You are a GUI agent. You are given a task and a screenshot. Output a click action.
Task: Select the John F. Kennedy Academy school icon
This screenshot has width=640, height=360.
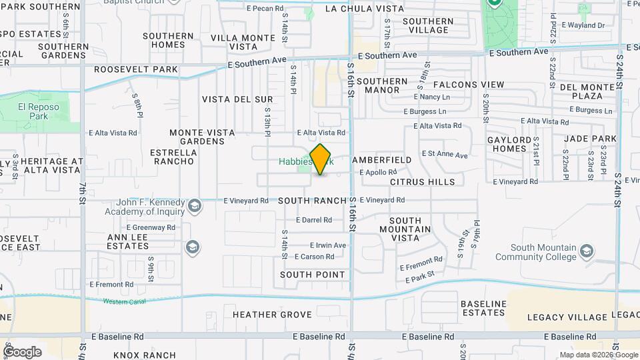coord(194,205)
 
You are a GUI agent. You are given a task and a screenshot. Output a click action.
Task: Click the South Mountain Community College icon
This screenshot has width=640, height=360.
coord(586,251)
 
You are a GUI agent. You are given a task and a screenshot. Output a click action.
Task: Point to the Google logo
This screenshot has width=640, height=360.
coord(23,352)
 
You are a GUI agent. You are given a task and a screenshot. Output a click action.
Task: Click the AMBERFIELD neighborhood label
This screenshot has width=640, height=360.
coord(381,161)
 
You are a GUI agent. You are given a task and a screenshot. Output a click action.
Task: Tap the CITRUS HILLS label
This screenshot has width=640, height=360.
coord(422,181)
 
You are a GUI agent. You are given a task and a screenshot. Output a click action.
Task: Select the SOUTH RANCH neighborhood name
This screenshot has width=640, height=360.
coord(312,200)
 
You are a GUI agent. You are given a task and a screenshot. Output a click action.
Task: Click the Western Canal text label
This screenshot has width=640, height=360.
coord(125,301)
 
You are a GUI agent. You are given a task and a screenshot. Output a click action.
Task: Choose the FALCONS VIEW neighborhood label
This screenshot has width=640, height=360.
coord(469,85)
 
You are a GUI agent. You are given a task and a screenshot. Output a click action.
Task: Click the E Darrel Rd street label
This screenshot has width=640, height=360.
coord(313,220)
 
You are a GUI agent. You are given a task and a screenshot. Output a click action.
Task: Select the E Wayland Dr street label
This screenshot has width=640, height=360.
coord(583,25)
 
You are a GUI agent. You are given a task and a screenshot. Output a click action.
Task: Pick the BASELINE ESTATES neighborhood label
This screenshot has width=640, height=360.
coord(483,308)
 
